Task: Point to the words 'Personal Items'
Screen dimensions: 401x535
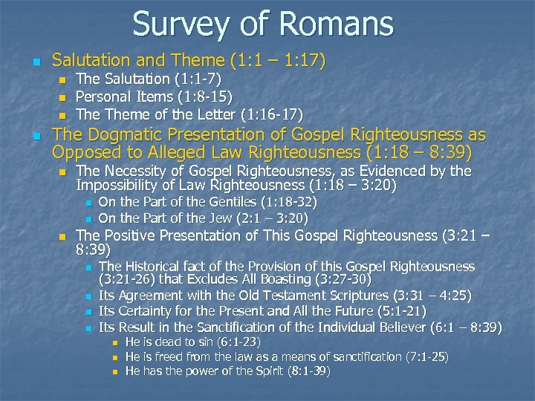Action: [123, 97]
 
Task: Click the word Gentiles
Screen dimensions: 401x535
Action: [221, 202]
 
